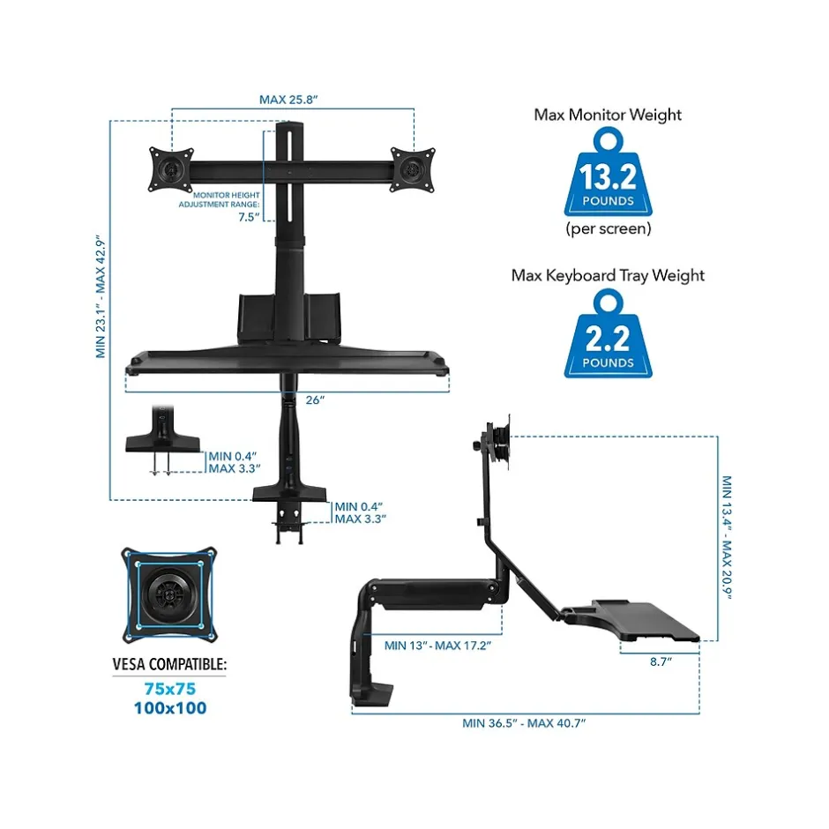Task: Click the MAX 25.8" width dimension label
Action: tap(288, 100)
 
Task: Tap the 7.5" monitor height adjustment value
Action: tap(249, 217)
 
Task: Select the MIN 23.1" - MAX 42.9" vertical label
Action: tap(101, 296)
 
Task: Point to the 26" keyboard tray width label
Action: tap(315, 400)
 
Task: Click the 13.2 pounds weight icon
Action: tap(608, 172)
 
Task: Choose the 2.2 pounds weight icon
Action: tap(608, 333)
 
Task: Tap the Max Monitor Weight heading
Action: tap(608, 115)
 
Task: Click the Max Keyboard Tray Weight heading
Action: tap(608, 275)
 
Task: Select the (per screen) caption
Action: tap(608, 229)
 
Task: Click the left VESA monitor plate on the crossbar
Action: tap(171, 169)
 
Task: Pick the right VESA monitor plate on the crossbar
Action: tap(413, 169)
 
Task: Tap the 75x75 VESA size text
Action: tap(169, 689)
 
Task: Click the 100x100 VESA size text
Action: tap(169, 708)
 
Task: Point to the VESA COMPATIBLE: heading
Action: tap(169, 664)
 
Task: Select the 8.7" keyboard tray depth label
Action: tap(661, 661)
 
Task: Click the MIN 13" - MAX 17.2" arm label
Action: tap(437, 646)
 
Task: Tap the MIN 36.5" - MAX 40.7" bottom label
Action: tap(524, 723)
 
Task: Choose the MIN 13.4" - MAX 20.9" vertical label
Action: tap(727, 537)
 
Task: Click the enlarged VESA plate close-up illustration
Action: tap(169, 595)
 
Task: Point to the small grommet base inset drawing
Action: tap(163, 440)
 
